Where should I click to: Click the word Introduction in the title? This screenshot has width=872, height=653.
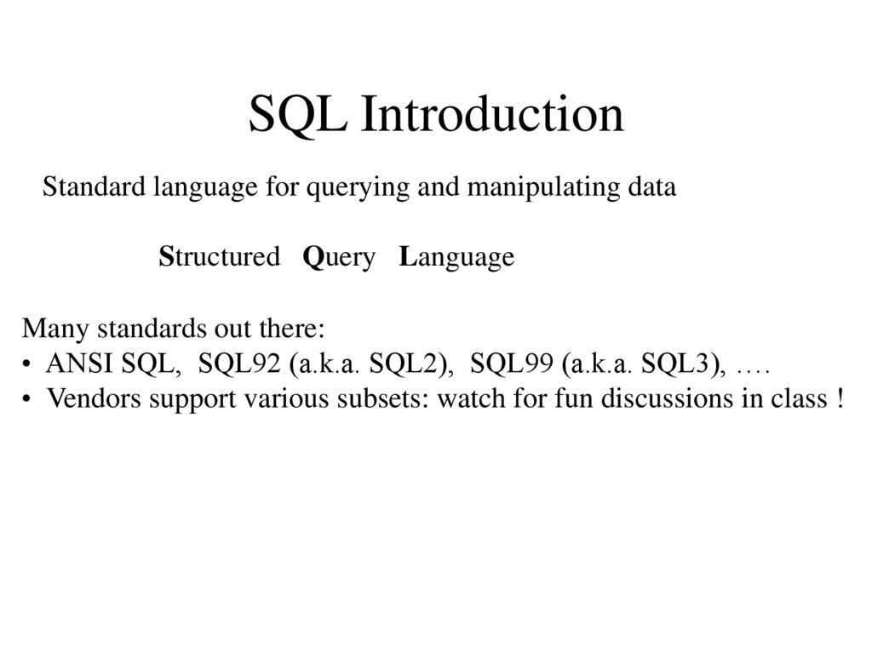[x=492, y=115]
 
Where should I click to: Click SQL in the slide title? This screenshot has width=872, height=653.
[x=297, y=115]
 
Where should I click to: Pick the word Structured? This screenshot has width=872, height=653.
[x=219, y=256]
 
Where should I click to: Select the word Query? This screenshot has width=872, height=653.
[x=339, y=258]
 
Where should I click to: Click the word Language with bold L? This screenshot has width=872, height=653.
[x=456, y=258]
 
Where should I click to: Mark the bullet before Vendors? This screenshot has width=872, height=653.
[x=28, y=398]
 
